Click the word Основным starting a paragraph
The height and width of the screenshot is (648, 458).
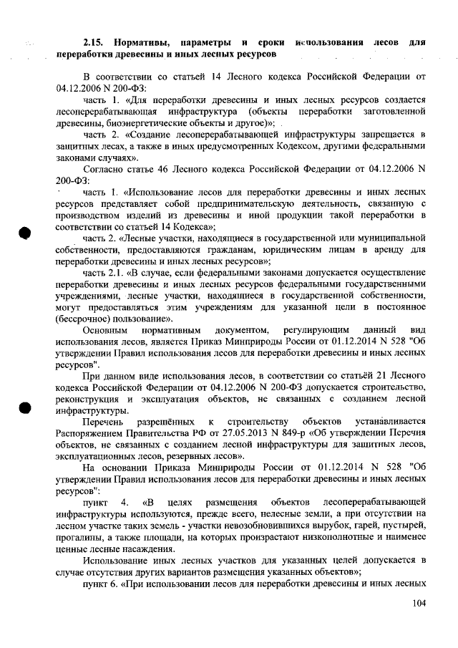106,329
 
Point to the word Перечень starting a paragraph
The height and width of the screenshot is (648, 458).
107,421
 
